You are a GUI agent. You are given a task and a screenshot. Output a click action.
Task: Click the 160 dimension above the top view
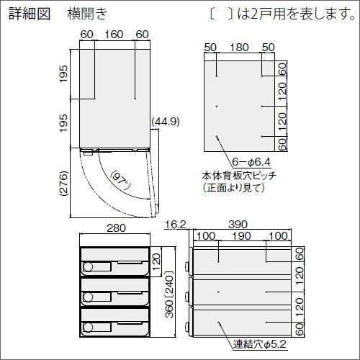click(114, 35)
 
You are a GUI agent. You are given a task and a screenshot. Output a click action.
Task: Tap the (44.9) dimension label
click(166, 122)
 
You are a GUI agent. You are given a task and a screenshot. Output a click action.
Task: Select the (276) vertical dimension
click(63, 184)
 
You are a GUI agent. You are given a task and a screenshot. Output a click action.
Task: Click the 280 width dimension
click(116, 228)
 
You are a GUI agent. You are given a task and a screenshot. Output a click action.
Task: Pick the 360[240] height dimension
click(169, 294)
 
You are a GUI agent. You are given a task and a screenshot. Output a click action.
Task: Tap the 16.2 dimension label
click(176, 225)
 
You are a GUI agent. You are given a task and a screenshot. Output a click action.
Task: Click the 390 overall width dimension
click(238, 225)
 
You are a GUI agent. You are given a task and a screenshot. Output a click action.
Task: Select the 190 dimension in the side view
click(242, 236)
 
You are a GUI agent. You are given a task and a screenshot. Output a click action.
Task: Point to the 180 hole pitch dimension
click(239, 48)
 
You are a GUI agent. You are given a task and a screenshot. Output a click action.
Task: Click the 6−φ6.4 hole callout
click(251, 162)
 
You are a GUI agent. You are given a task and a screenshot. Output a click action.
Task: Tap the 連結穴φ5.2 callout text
click(260, 345)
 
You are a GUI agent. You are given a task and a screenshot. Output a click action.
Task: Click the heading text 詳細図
click(30, 14)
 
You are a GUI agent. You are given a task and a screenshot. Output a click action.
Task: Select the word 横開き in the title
click(87, 14)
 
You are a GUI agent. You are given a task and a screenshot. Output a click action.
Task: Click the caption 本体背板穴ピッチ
click(239, 176)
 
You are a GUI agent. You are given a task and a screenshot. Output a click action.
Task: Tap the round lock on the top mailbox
click(88, 267)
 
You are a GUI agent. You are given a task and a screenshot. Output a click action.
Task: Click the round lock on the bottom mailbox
click(88, 328)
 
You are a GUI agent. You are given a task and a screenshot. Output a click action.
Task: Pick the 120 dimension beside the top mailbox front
click(156, 262)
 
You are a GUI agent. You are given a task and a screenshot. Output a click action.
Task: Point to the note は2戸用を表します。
click(297, 14)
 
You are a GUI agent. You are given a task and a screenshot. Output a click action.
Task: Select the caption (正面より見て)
click(233, 188)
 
